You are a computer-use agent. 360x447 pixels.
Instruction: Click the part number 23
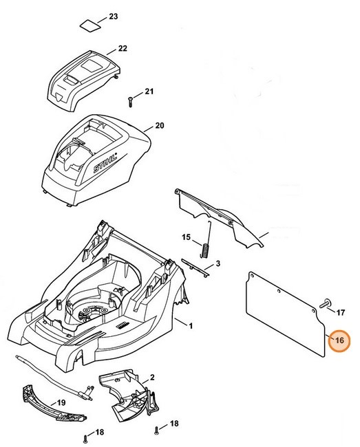click(114, 15)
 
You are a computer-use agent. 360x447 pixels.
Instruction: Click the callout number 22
click(123, 48)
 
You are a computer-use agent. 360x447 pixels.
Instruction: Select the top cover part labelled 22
click(78, 77)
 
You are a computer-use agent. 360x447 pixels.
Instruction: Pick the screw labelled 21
click(130, 100)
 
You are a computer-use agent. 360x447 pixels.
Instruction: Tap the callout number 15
click(185, 237)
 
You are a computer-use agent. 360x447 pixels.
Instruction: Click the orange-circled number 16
click(339, 340)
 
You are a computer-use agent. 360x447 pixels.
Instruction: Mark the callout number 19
click(60, 402)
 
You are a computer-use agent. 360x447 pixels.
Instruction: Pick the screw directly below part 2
click(158, 430)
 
